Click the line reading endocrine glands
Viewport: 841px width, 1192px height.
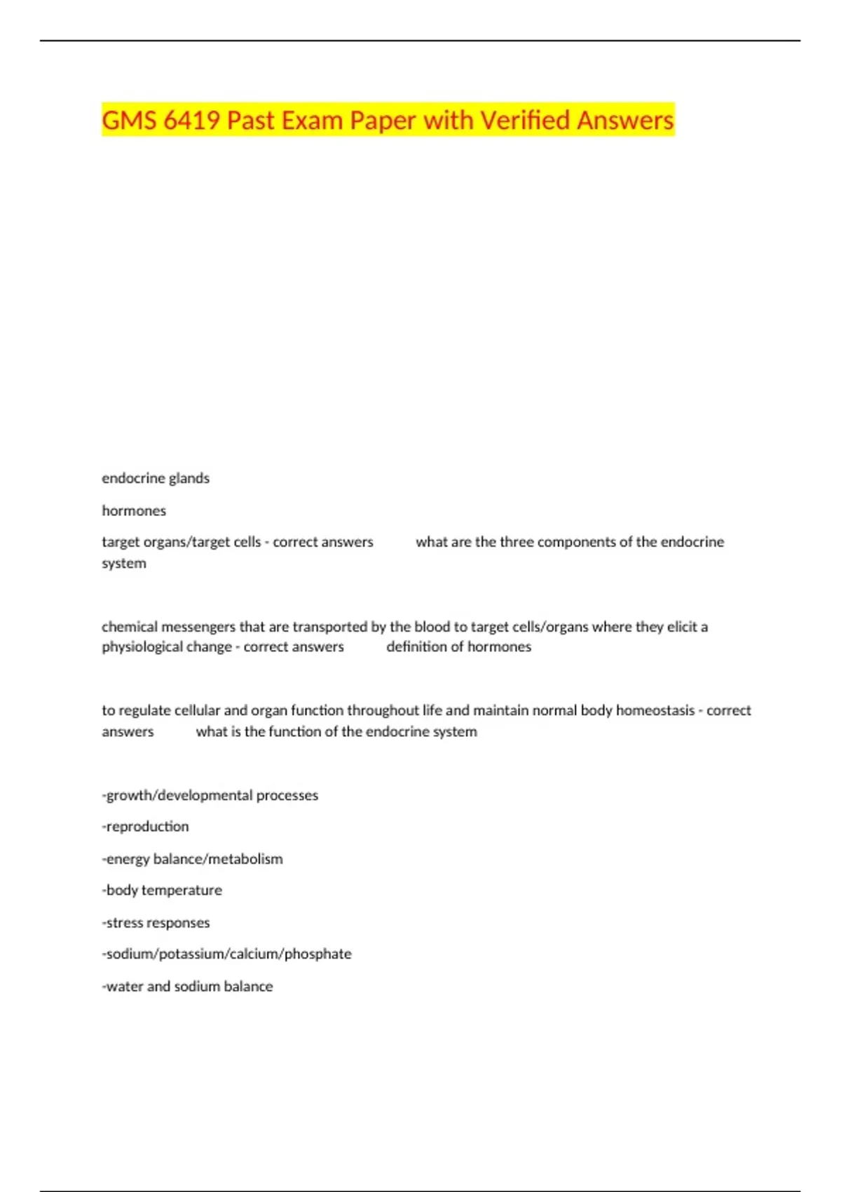156,478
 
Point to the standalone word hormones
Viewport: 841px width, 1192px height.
134,510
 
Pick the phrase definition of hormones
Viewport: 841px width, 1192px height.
458,646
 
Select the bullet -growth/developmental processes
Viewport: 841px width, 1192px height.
210,795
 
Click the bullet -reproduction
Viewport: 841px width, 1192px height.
145,827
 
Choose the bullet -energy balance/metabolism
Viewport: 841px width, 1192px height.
192,859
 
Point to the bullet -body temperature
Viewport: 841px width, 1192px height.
162,890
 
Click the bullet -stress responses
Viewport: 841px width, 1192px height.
156,923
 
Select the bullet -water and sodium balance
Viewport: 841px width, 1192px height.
187,987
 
